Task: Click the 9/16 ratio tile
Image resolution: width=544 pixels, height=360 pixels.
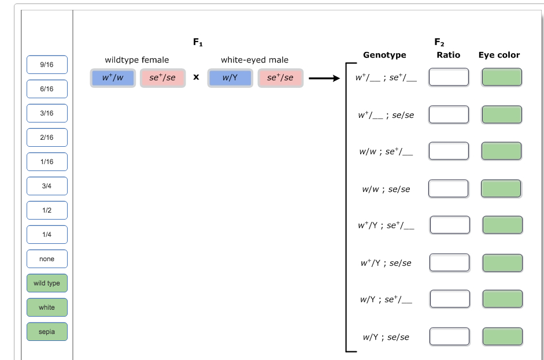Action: click(47, 65)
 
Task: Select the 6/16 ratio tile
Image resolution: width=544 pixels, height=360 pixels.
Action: click(47, 89)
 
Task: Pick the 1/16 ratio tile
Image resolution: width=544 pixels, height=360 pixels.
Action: click(47, 162)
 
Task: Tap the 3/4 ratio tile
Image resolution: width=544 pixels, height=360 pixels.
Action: click(47, 186)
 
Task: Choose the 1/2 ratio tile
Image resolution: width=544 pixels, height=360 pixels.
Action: click(47, 210)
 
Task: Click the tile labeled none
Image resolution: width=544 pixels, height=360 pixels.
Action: click(47, 259)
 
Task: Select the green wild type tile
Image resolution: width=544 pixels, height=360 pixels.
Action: click(47, 283)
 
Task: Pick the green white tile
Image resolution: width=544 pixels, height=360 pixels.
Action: click(47, 307)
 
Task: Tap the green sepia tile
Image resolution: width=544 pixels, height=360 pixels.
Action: click(47, 332)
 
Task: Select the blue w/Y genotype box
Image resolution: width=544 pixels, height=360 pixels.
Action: click(230, 78)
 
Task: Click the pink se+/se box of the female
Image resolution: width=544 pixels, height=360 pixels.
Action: click(162, 78)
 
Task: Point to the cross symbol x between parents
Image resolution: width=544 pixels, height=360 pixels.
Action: click(197, 77)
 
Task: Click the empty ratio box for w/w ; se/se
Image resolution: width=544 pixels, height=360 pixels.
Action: click(448, 188)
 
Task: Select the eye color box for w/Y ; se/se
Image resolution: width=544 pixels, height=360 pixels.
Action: click(502, 337)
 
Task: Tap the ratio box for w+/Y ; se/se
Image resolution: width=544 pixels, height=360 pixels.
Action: click(449, 262)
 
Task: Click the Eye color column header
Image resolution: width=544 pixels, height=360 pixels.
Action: click(499, 55)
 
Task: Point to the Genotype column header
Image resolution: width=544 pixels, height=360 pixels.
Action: click(384, 55)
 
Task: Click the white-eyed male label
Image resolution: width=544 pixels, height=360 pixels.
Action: click(254, 60)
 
